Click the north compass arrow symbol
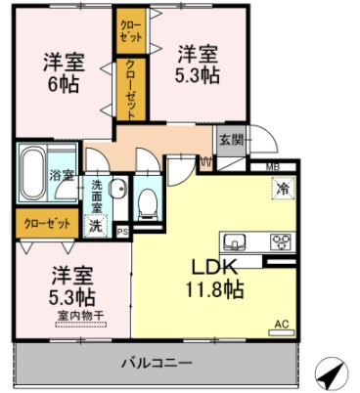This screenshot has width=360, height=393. pos(332,373)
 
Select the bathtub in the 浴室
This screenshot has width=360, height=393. pos(32,173)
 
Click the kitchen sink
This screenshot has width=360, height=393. pos(235,242)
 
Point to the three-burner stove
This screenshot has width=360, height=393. pos(281,242)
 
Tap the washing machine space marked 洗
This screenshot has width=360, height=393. pos(96,226)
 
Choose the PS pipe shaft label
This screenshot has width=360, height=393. pos(122,232)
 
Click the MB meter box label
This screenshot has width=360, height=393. pos(273,168)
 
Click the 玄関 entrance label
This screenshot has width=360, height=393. pos(231,141)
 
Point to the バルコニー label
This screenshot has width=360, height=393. pos(157,363)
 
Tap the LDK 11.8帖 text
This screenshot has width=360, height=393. pos(214,279)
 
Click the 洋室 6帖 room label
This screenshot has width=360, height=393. pos(65,73)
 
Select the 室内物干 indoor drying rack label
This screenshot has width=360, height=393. pos(81,316)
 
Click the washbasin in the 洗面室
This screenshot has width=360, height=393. pos(117,188)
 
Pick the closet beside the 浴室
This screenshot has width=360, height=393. pos(47,224)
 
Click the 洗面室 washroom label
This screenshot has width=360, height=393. pos(97,196)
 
